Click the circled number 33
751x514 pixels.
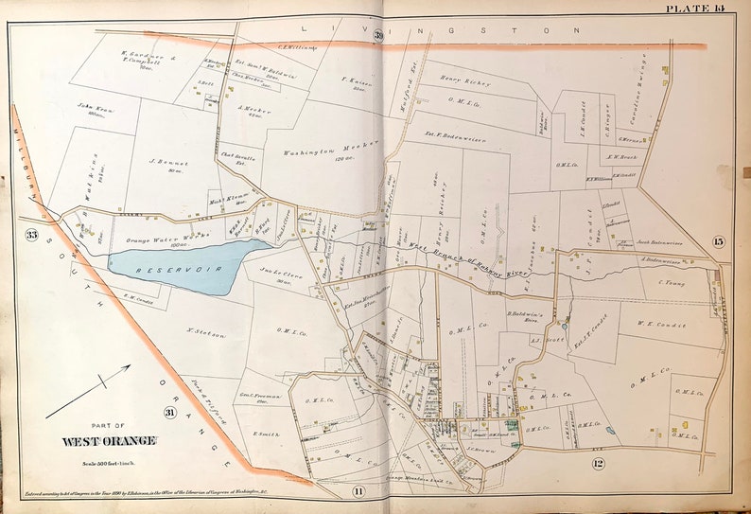tap(32, 235)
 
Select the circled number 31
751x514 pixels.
tap(169, 412)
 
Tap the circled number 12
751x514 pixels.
tap(598, 463)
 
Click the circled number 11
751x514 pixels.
tap(358, 490)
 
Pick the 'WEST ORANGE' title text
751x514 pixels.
tap(109, 441)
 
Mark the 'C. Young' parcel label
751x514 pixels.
tap(668, 281)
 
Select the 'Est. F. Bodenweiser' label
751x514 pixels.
tap(454, 138)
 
